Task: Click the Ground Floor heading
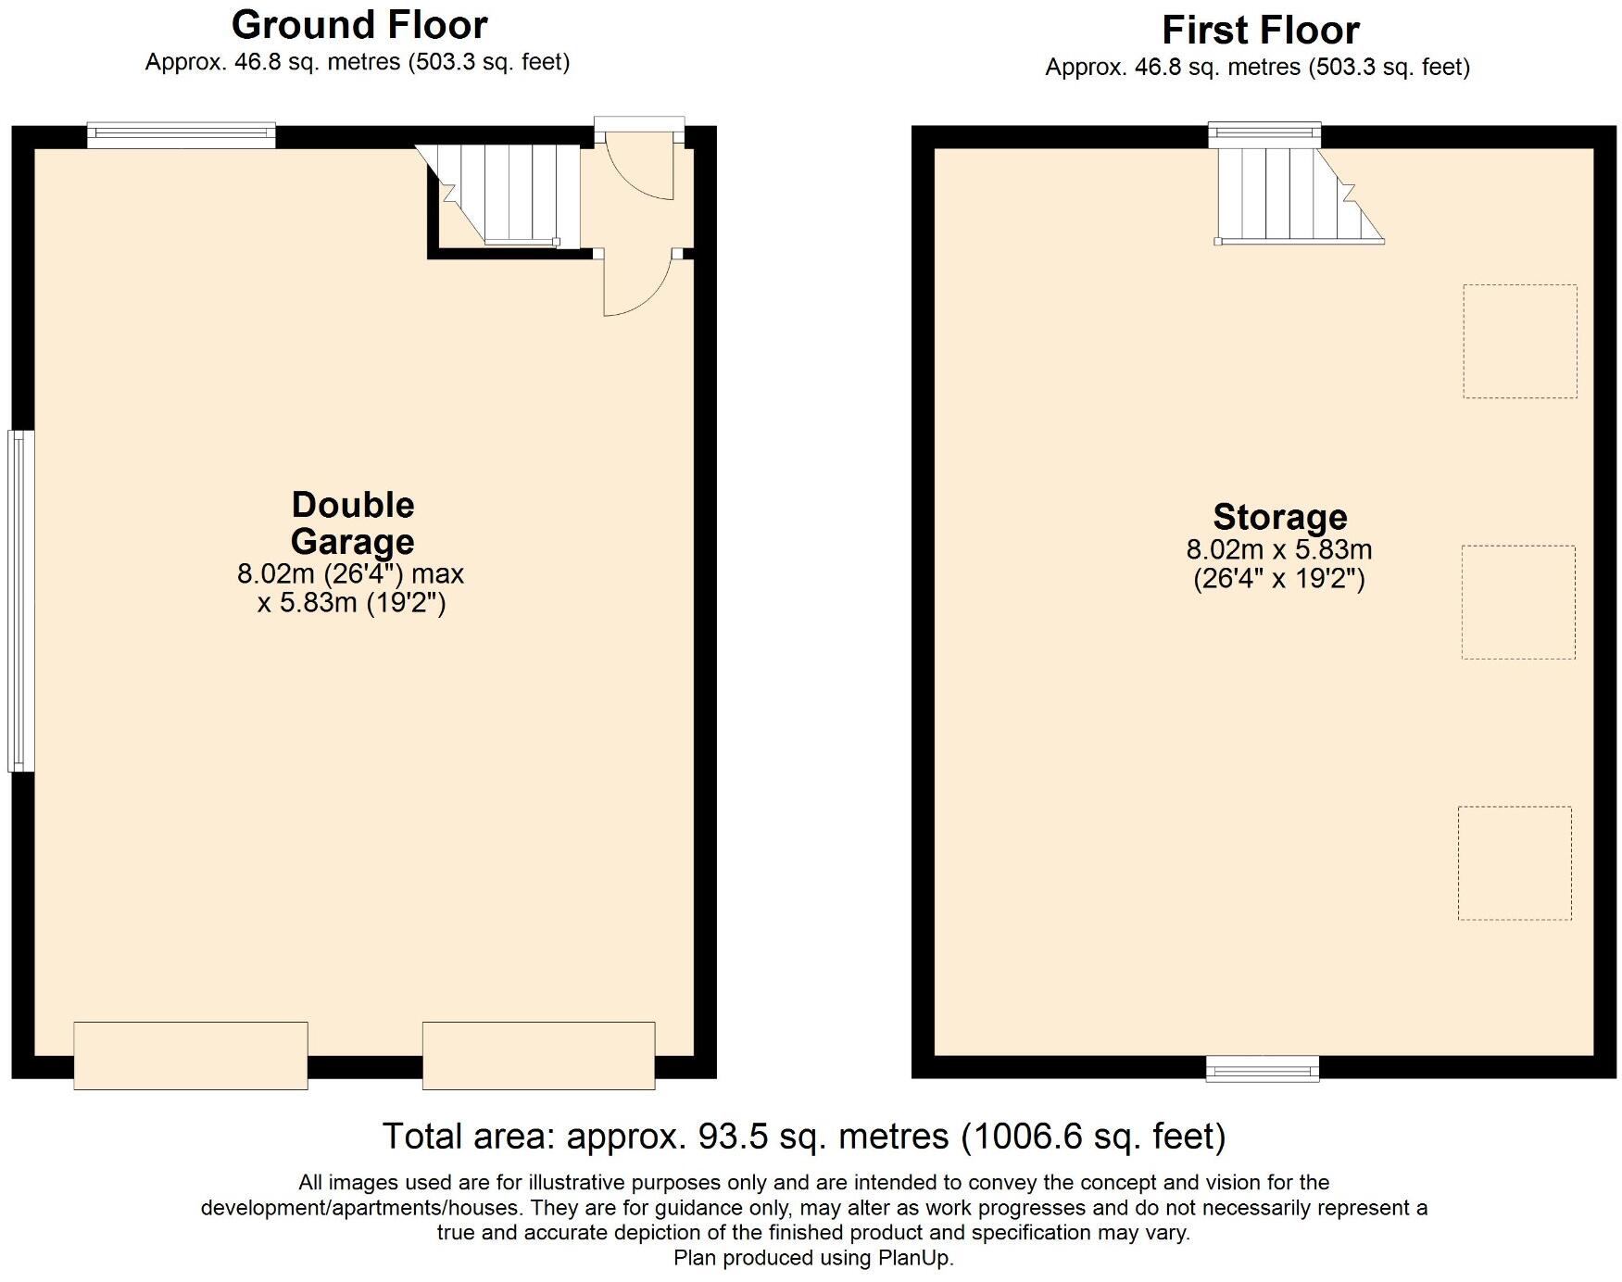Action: tap(359, 25)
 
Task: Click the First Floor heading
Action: tap(1261, 31)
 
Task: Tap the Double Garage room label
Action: tap(352, 523)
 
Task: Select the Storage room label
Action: tap(1279, 517)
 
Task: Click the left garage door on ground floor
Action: tap(191, 1055)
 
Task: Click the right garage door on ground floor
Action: tap(538, 1055)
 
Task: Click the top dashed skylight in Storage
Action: tap(1519, 341)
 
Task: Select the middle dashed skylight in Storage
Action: tap(1517, 602)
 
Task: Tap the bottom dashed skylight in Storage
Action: tap(1514, 862)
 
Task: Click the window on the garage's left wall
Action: tap(20, 600)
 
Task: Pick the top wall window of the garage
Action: tap(182, 135)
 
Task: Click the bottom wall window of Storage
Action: tap(1262, 1069)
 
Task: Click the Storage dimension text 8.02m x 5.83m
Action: tap(1278, 549)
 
